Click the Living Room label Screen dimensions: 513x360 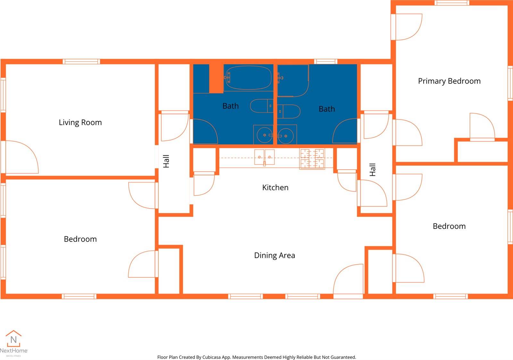80,122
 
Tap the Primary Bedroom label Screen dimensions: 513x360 449,81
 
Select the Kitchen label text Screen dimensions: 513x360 275,188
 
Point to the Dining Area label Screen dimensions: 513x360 274,255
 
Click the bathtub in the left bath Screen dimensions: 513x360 248,77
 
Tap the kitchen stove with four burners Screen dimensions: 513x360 312,159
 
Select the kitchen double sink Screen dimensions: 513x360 264,157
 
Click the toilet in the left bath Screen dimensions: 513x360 261,106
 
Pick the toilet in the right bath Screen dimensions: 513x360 289,112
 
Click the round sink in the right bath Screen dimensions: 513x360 286,136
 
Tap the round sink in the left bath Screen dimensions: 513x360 265,135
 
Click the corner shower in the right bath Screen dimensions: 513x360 293,80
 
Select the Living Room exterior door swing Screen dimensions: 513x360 22,157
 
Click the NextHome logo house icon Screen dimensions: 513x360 13,339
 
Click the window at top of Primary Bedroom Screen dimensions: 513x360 452,3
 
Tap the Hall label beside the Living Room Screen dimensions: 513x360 166,161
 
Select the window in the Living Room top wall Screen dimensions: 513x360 81,61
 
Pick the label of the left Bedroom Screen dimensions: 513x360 80,239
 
